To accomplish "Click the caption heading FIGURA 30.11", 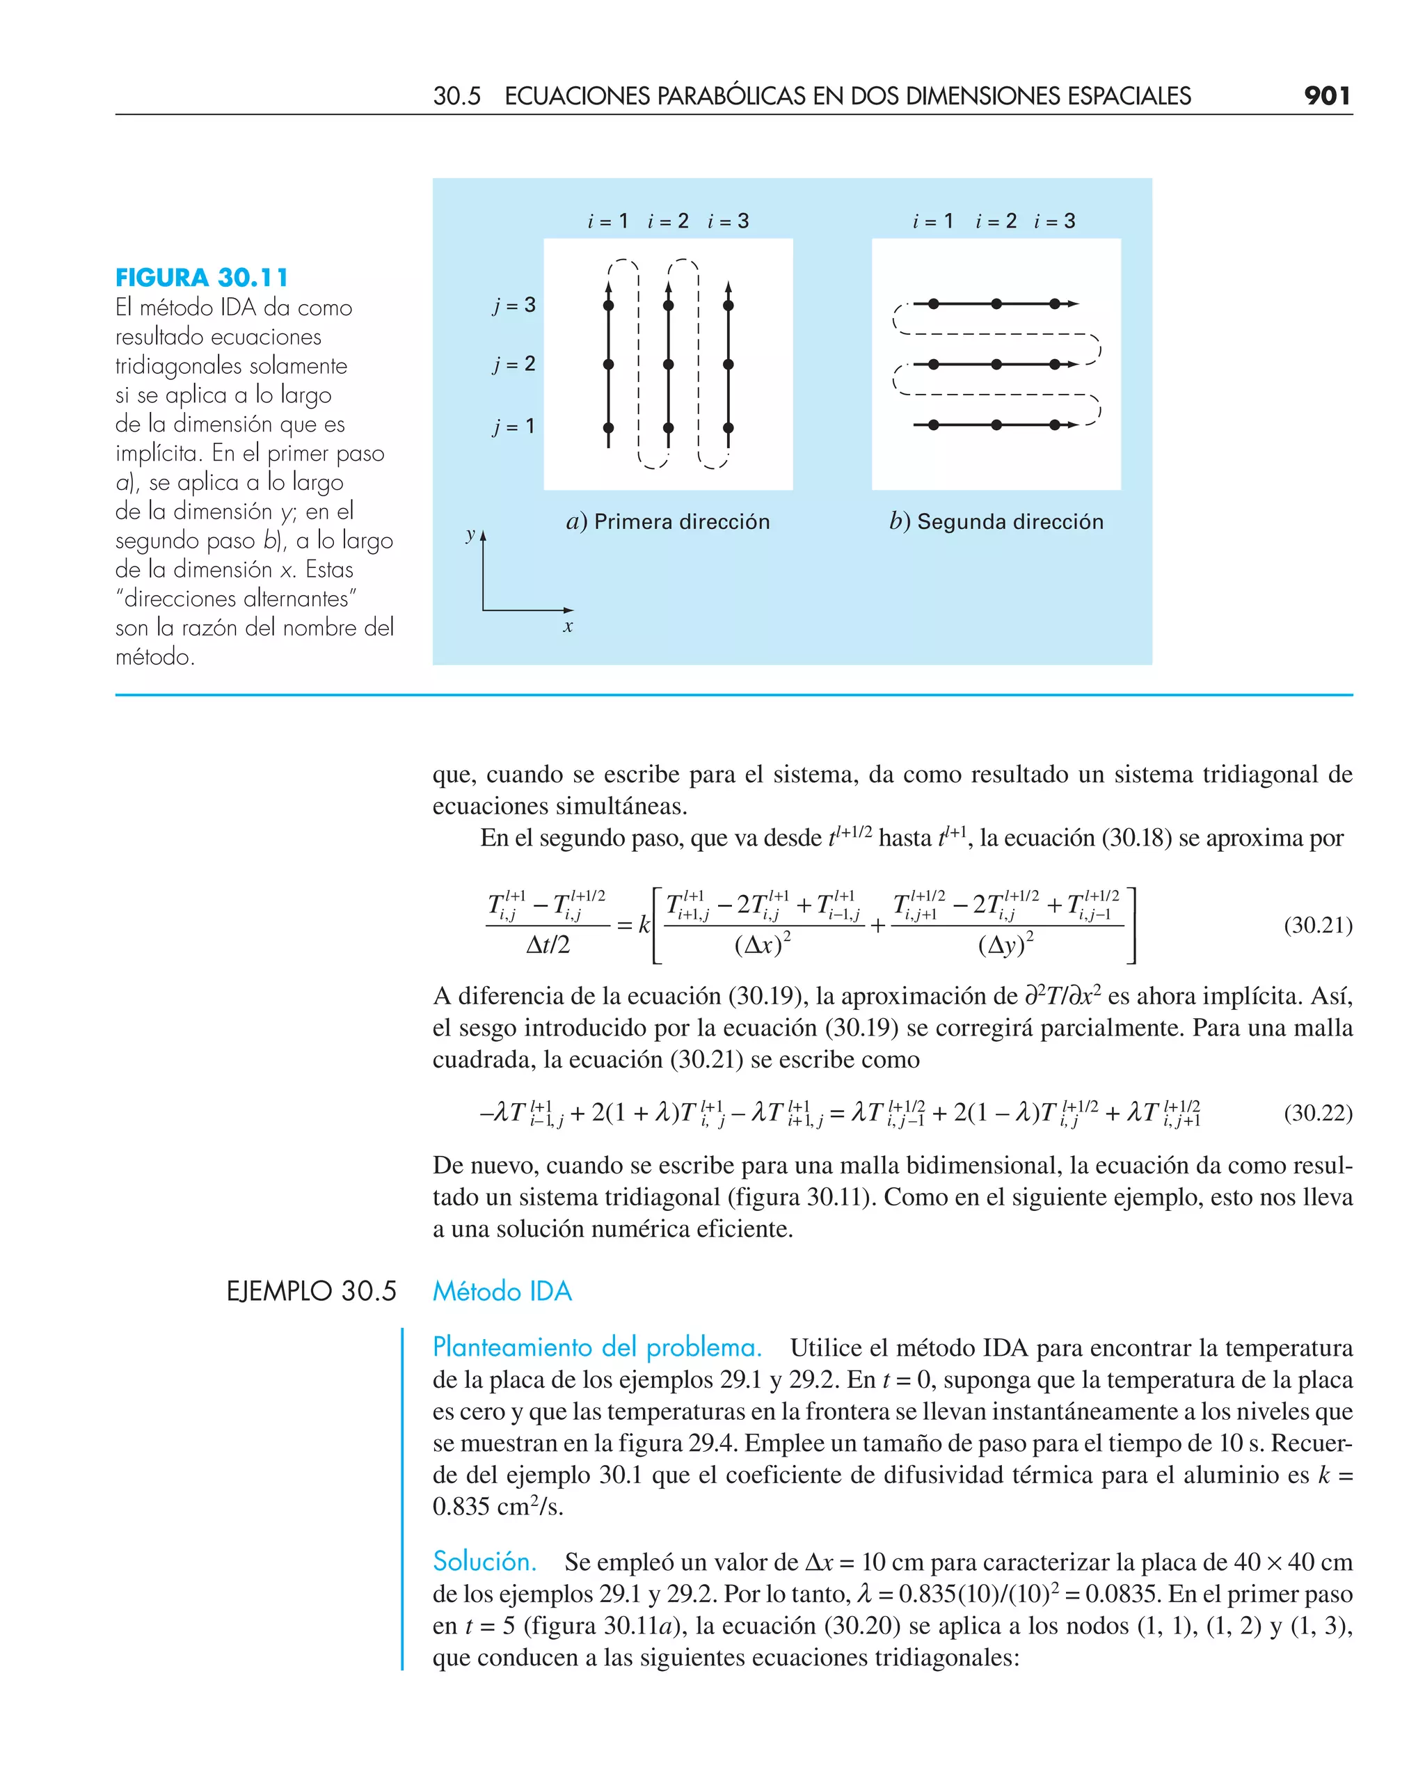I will coord(202,278).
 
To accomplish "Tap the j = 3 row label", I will coord(515,306).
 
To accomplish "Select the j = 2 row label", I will coord(515,364).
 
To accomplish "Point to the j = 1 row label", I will coord(514,426).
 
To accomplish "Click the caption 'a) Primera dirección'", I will coord(668,522).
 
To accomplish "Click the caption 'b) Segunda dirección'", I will coord(996,522).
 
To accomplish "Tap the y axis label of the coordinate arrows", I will coord(470,535).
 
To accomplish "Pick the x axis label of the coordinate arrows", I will coord(568,627).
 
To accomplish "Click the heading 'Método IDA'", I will coord(502,1291).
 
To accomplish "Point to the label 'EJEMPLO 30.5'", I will coord(311,1291).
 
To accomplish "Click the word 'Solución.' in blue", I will coord(484,1560).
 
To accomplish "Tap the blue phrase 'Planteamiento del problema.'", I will coord(597,1347).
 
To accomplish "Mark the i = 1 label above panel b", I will coord(933,221).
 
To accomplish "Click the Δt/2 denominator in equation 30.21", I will coord(548,946).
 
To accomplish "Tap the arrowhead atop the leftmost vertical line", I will coord(608,287).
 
